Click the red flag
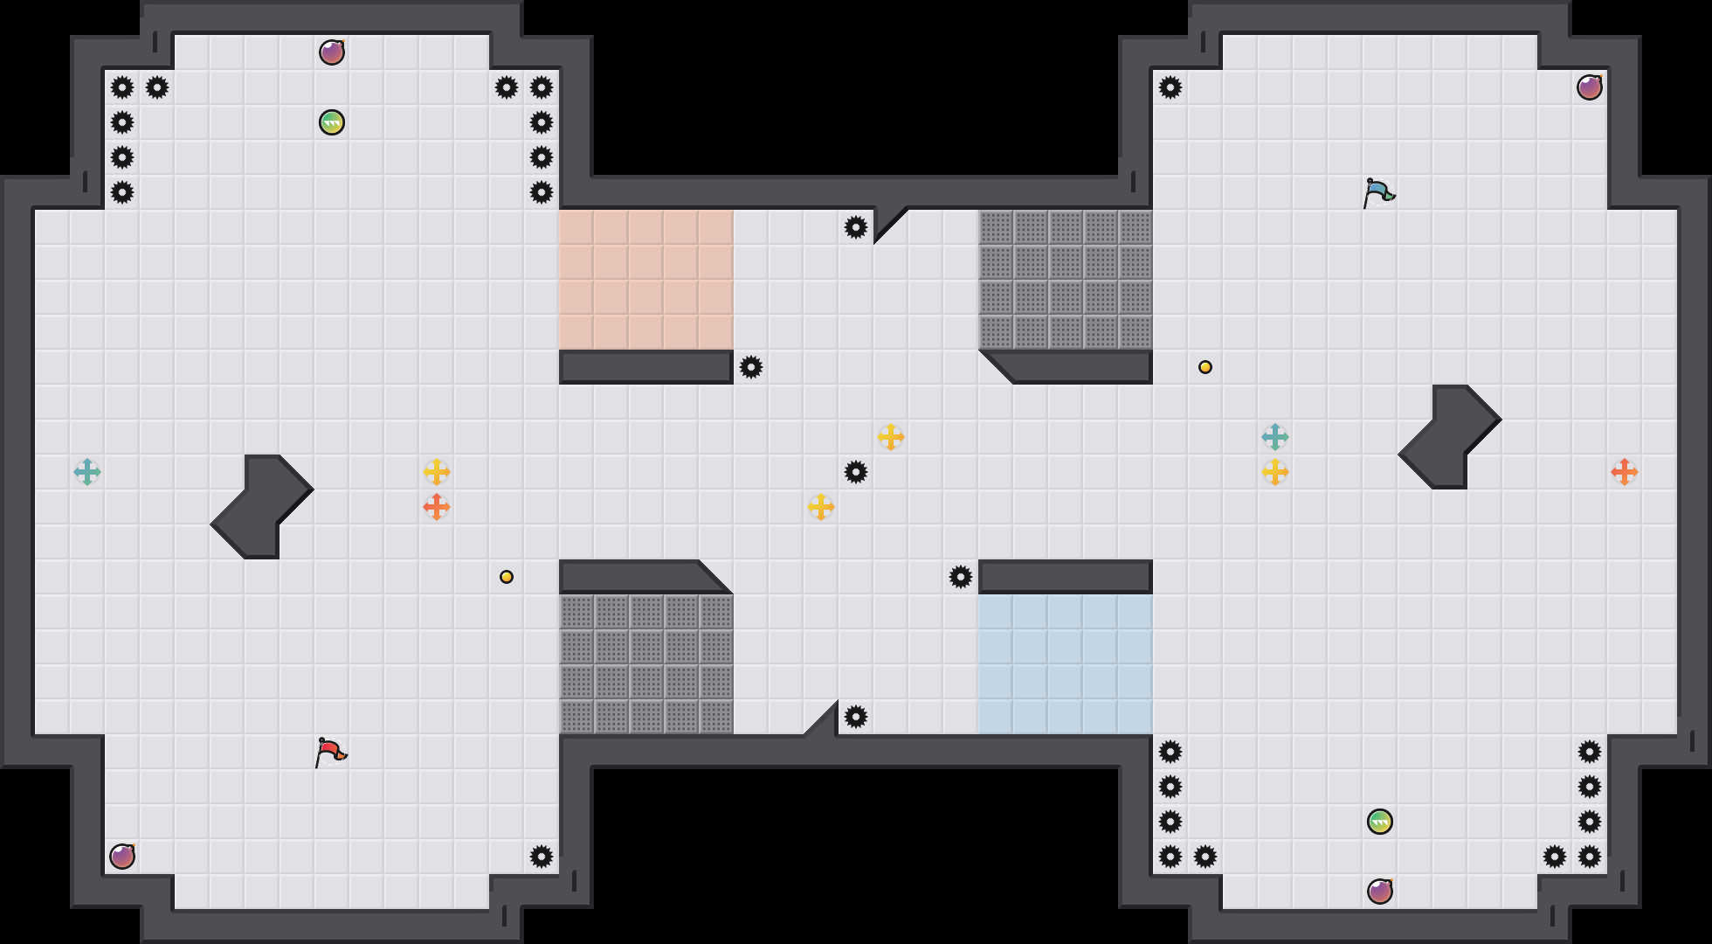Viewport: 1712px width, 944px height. click(x=330, y=752)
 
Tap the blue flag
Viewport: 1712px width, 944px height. click(x=1378, y=192)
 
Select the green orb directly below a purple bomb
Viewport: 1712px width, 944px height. click(x=332, y=122)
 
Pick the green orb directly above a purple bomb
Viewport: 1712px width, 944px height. click(x=1380, y=822)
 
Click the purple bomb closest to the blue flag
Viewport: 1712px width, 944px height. click(x=1590, y=87)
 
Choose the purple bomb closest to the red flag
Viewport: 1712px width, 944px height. click(x=122, y=857)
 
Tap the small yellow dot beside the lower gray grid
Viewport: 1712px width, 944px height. click(x=507, y=577)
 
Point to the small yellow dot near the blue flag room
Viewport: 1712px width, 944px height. click(x=1205, y=367)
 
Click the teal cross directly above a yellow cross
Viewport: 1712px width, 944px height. click(x=1275, y=437)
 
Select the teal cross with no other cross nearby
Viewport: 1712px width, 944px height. click(x=87, y=472)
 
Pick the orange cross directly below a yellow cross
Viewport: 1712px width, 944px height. click(x=437, y=507)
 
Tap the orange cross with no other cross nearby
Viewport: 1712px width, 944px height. click(x=1625, y=472)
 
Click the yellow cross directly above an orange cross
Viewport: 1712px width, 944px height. click(x=437, y=472)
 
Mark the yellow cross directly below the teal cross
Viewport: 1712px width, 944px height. click(x=1275, y=472)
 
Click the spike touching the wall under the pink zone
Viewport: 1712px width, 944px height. click(x=751, y=367)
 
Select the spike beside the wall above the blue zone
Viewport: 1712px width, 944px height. click(x=961, y=577)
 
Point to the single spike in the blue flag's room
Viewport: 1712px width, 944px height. click(x=1170, y=87)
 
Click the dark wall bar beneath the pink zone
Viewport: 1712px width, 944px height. click(x=646, y=367)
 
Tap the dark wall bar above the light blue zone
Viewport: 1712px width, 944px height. click(x=1066, y=577)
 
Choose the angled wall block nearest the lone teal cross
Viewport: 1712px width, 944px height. click(x=262, y=507)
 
